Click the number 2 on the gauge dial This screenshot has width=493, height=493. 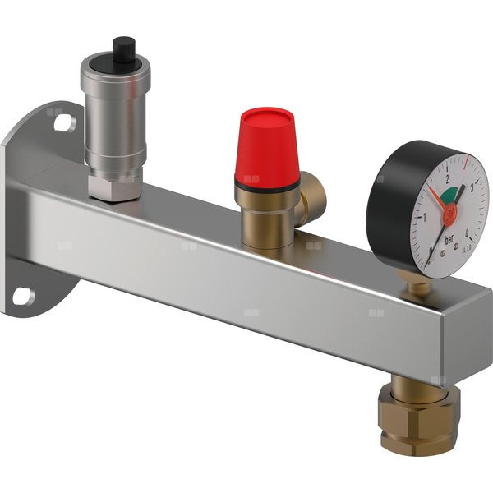446,177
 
